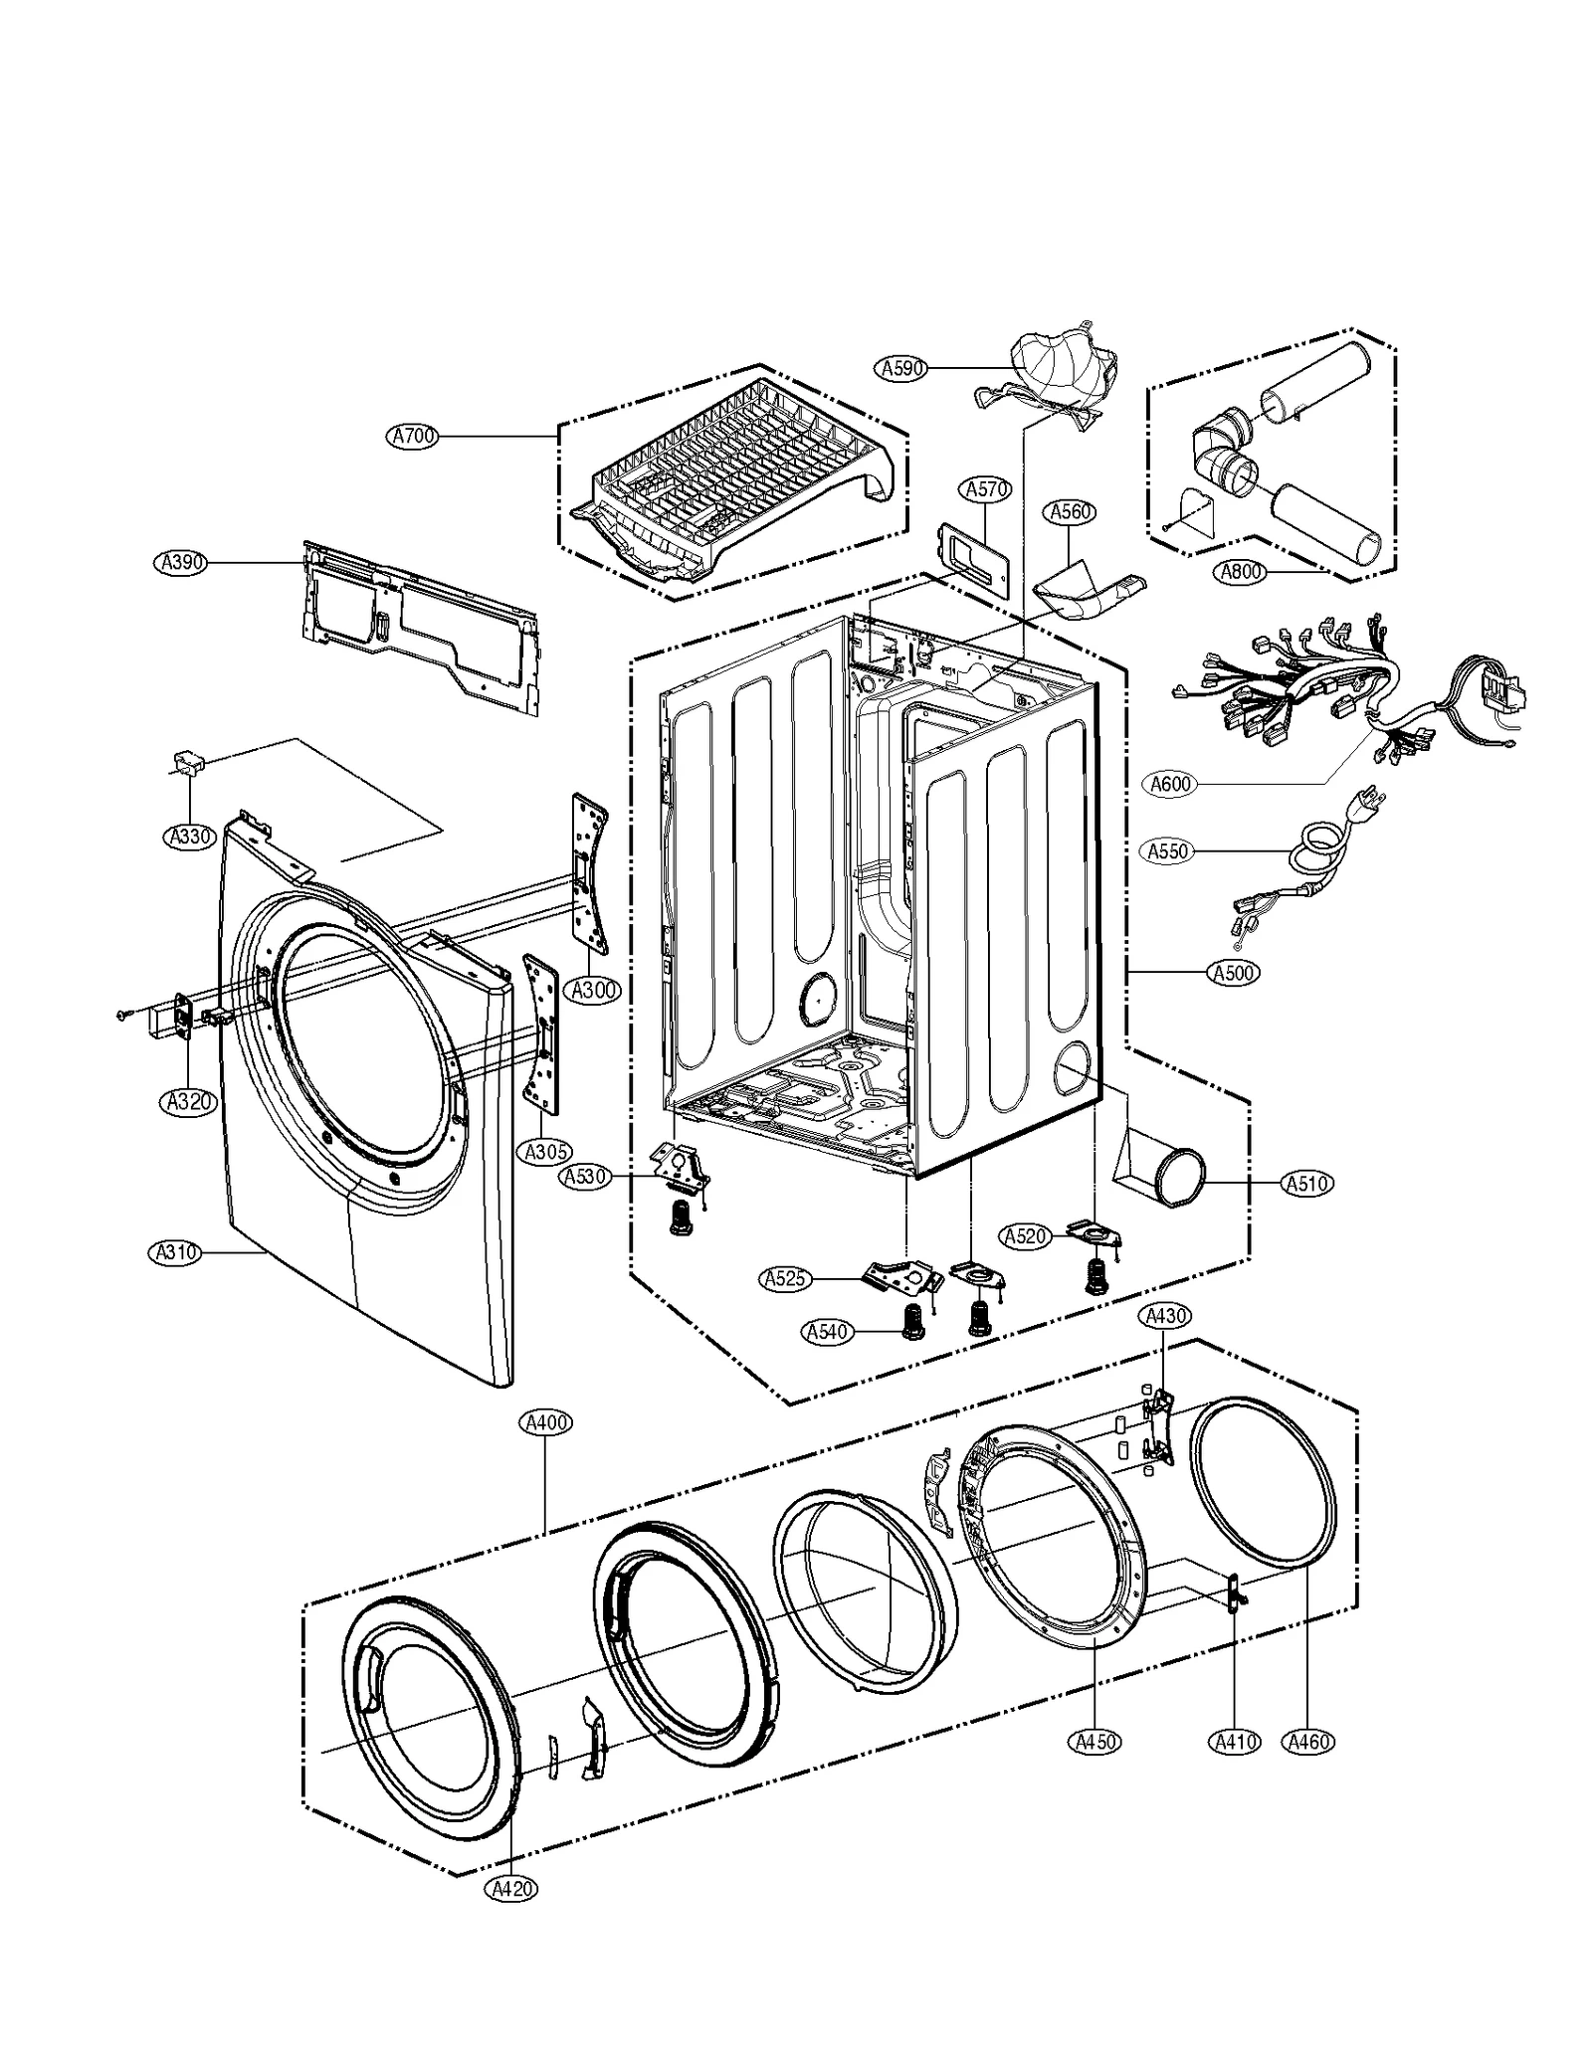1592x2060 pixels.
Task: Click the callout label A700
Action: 413,436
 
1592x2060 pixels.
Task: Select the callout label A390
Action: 183,563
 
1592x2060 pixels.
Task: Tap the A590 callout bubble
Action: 903,368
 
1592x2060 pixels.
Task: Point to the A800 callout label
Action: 1241,571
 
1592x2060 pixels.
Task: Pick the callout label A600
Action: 1170,784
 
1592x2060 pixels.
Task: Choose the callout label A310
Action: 176,1253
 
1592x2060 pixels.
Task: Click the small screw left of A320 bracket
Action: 123,1014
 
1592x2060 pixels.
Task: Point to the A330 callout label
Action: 189,837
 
